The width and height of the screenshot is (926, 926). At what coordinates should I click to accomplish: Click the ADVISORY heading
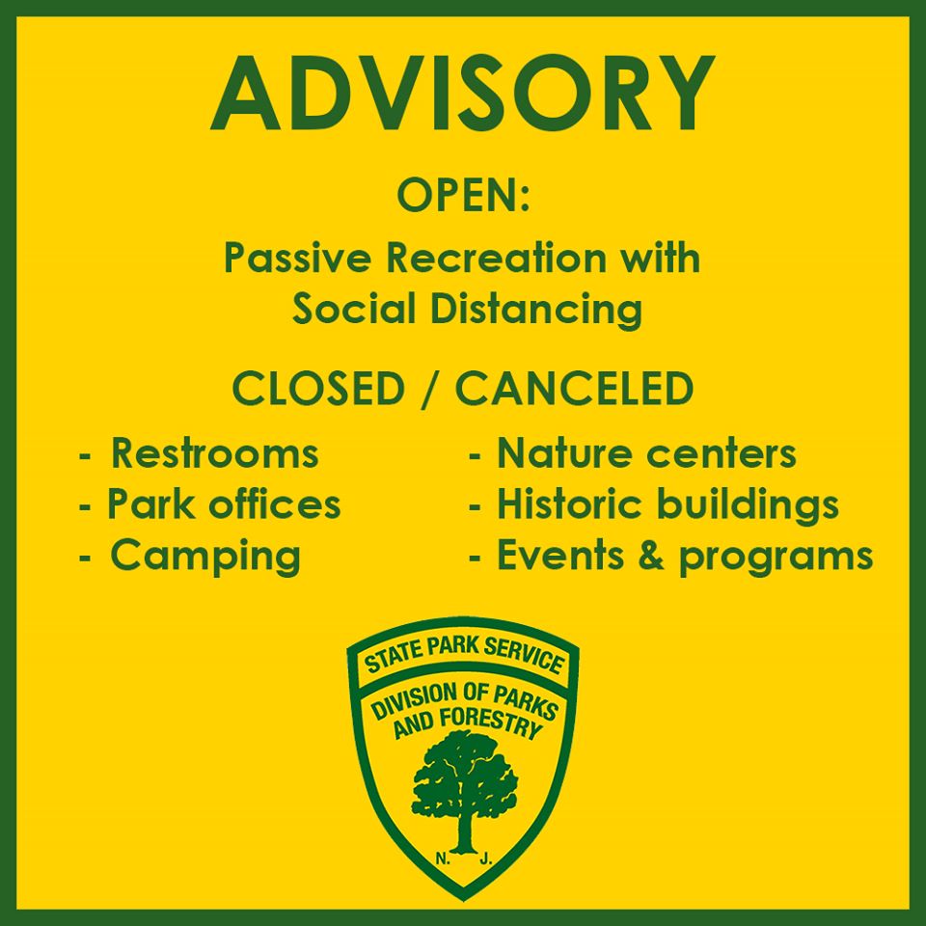pos(462,94)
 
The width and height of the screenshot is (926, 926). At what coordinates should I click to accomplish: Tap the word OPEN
pos(456,196)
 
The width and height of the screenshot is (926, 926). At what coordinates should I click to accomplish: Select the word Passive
pos(296,259)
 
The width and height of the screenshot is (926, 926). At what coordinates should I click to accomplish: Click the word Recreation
pos(496,259)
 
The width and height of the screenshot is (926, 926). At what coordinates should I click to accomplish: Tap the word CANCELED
pos(575,389)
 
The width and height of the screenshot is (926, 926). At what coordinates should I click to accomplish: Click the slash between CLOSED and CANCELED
pos(430,389)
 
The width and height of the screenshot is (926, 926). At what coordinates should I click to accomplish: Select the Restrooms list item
pos(199,453)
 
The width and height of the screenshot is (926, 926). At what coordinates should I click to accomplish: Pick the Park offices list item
pos(210,504)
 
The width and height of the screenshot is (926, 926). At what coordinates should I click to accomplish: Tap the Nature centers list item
pos(633,453)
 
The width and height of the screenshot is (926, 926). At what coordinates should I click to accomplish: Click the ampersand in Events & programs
pos(651,556)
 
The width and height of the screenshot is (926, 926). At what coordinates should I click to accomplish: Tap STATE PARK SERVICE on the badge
pos(464,656)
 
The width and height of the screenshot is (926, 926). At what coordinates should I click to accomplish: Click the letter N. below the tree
pos(443,859)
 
